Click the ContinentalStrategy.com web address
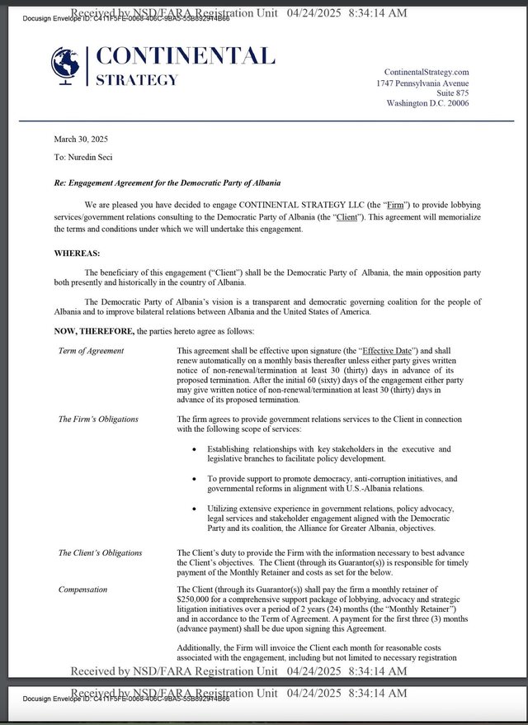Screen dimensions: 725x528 [x=427, y=73]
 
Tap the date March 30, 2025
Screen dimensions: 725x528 [x=81, y=139]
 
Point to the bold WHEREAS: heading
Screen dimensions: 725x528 [x=77, y=253]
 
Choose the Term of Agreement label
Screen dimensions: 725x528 [x=91, y=351]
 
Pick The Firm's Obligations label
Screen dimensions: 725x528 [x=98, y=419]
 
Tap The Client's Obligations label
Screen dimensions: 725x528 [x=100, y=553]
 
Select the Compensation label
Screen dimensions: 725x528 [x=83, y=590]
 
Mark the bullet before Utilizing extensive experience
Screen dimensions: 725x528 [x=194, y=508]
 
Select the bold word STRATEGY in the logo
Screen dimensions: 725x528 [x=137, y=80]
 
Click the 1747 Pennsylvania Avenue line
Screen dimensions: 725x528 [x=422, y=83]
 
